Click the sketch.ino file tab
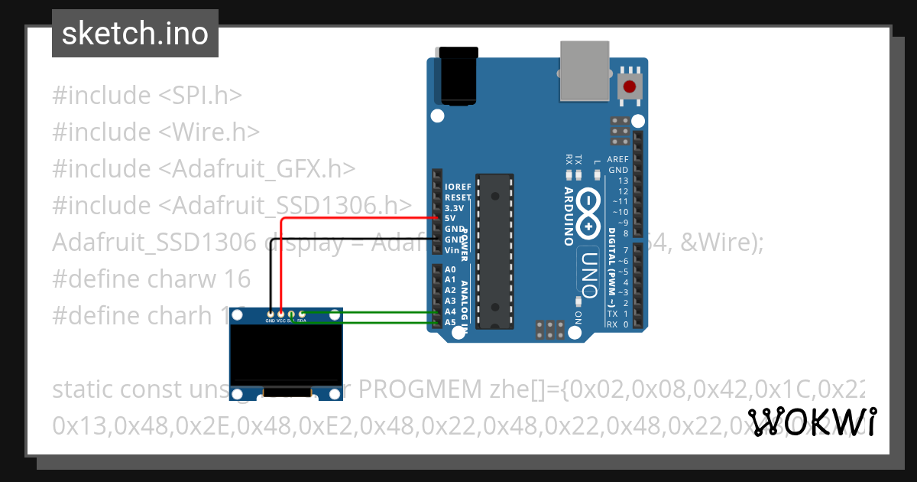(134, 34)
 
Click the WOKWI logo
(812, 422)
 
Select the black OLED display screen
(287, 355)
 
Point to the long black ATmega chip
(494, 252)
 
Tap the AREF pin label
(617, 160)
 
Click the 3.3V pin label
(454, 208)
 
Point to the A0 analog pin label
(450, 270)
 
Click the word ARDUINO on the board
(569, 216)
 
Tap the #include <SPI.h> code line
(147, 96)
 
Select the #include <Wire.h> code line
(156, 132)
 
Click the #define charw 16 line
(151, 278)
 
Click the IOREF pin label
(458, 187)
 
